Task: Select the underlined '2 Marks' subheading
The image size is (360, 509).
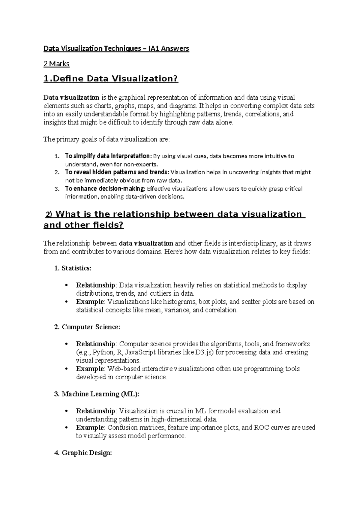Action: coord(56,64)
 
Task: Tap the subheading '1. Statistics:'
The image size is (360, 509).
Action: coord(73,268)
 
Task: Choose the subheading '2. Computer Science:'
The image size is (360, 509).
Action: coord(87,327)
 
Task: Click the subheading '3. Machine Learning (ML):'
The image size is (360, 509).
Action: coord(97,394)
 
